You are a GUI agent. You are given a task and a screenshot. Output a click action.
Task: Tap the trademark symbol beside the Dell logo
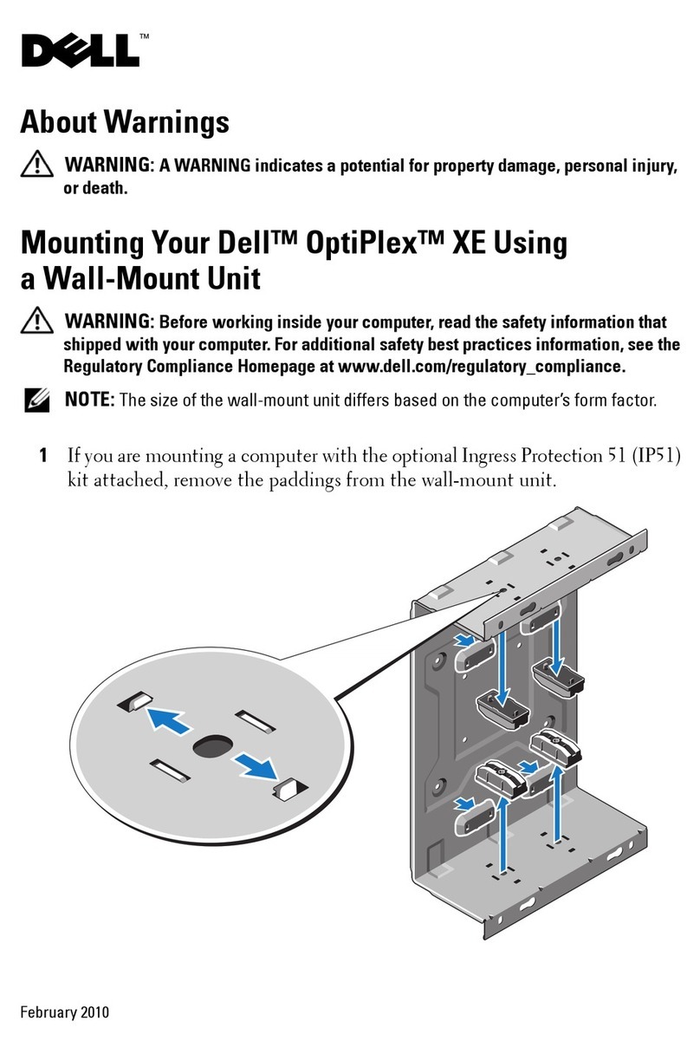click(145, 36)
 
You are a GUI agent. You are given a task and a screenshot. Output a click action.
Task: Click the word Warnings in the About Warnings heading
click(166, 121)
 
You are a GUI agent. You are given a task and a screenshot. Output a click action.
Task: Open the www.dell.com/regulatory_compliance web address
click(480, 366)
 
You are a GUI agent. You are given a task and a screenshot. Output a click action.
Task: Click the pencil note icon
click(37, 400)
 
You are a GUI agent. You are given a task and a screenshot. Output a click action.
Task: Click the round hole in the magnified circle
click(211, 745)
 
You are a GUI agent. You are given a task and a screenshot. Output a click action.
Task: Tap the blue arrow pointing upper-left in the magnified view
click(170, 719)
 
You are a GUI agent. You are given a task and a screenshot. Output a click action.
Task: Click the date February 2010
click(66, 1012)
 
